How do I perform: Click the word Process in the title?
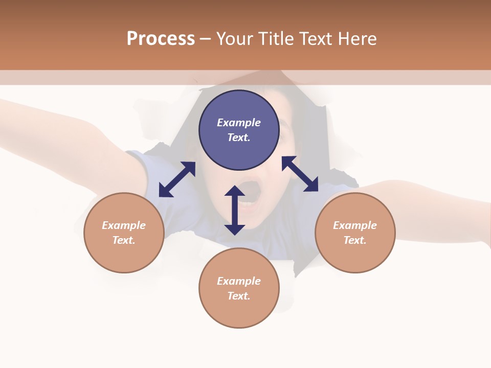click(x=161, y=39)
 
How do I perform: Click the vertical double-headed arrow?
click(x=235, y=210)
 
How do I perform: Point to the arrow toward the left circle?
click(x=177, y=179)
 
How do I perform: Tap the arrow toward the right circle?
click(x=300, y=174)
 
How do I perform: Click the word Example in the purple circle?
click(x=239, y=123)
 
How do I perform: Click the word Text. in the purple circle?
click(x=239, y=137)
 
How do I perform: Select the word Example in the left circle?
click(x=124, y=225)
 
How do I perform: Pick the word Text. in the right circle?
click(x=355, y=240)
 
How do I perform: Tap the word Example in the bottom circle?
click(x=239, y=281)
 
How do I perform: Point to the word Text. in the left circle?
click(x=124, y=240)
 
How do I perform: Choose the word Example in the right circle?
click(x=355, y=225)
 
